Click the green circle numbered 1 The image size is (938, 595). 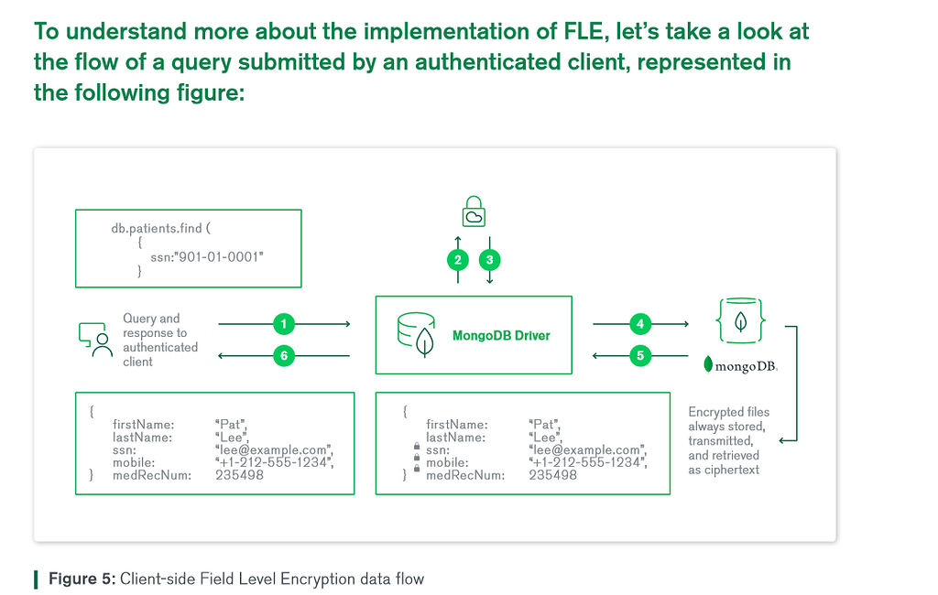coord(285,324)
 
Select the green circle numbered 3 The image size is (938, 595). coord(490,259)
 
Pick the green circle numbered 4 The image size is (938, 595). coord(641,324)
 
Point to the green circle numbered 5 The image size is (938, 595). coord(641,356)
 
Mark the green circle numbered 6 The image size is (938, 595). coord(285,356)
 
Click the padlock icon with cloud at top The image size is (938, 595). coord(474,211)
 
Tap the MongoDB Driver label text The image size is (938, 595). coord(501,335)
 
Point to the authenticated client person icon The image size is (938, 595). coord(94,339)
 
